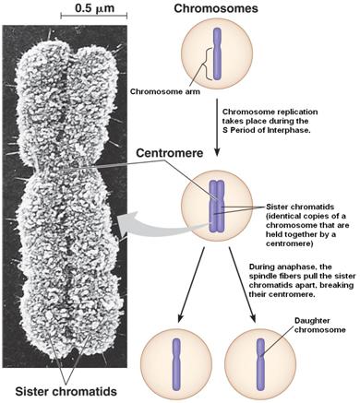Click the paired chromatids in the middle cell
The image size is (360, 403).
click(x=217, y=204)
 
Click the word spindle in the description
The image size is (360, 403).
click(x=265, y=279)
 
